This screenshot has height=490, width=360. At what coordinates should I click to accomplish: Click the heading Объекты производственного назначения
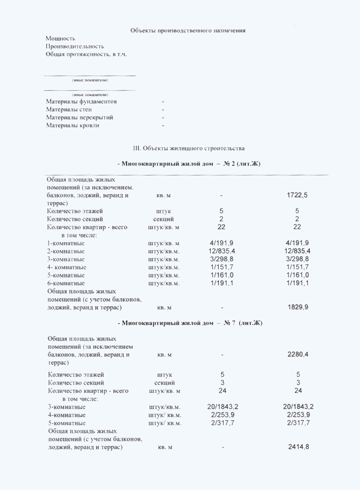pos(188,31)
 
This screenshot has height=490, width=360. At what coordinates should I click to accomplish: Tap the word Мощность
pos(60,38)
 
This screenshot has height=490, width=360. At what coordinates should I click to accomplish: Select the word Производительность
pos(75,47)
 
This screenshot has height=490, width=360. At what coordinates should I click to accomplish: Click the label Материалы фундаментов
pos(81,102)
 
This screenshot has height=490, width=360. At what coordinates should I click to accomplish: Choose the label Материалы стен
pos(69,110)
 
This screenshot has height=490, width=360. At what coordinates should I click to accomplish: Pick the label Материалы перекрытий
pos(80,117)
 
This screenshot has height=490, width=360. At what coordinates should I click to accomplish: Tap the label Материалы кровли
pos(73,125)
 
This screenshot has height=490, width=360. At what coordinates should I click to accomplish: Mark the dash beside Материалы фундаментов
pos(163,102)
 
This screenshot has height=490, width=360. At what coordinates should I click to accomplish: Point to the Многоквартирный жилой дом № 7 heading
pos(190,323)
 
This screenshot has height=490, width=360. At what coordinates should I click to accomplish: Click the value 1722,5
pos(297,195)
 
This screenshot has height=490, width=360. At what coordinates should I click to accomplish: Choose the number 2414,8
pos(298,447)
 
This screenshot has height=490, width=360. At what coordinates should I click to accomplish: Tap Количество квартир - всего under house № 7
pos(88,391)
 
